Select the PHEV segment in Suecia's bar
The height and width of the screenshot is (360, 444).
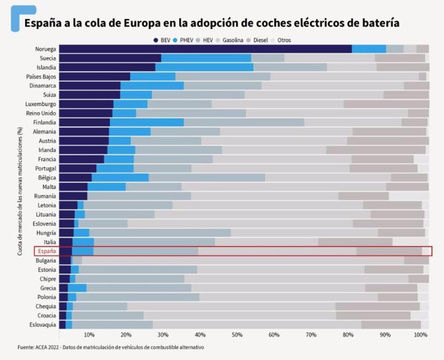pyautogui.click(x=206, y=58)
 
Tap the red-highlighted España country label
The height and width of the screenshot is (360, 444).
pyautogui.click(x=46, y=251)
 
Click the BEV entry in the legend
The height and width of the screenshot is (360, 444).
pyautogui.click(x=163, y=40)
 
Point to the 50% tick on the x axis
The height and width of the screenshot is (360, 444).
pyautogui.click(x=237, y=334)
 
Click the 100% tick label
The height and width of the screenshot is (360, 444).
pyautogui.click(x=420, y=334)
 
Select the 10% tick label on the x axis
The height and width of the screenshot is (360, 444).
pyautogui.click(x=89, y=334)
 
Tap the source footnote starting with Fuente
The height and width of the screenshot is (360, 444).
pyautogui.click(x=111, y=347)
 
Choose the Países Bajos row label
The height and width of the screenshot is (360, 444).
pyautogui.click(x=43, y=76)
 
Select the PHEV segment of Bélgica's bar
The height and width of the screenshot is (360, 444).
pyautogui.click(x=120, y=178)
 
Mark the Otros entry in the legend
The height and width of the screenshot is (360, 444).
pyautogui.click(x=283, y=40)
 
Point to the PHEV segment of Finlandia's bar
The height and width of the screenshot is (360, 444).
pyautogui.click(x=147, y=123)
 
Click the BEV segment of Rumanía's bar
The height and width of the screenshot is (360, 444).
pyautogui.click(x=73, y=196)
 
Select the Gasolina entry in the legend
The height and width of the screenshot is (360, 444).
pyautogui.click(x=233, y=40)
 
